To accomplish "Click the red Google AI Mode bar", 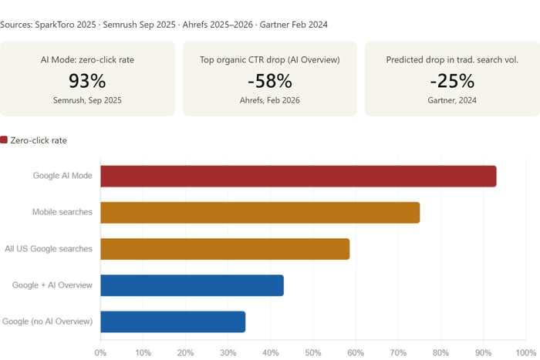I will coord(298,176).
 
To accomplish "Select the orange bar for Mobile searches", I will coord(260,212).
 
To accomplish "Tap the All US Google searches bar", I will coord(224,249).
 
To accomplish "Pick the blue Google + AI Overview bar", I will coord(192,285).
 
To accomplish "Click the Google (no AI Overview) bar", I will coord(173,321).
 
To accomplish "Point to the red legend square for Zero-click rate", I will coord(4,140).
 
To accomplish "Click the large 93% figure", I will coord(87,81).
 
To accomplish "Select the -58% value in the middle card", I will coord(270,81).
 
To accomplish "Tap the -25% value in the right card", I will coord(452,81).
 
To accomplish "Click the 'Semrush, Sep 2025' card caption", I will coord(87,100).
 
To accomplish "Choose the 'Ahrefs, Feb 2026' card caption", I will coord(270,100).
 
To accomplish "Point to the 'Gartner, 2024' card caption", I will coord(452,100).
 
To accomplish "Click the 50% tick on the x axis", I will coord(313,352).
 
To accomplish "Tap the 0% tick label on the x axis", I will coord(100,352).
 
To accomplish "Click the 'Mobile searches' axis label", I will coord(62,212).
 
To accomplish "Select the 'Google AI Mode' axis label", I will coord(62,176).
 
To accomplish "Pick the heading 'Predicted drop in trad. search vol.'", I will coord(452,59).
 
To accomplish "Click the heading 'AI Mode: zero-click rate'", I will coord(87,59).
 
